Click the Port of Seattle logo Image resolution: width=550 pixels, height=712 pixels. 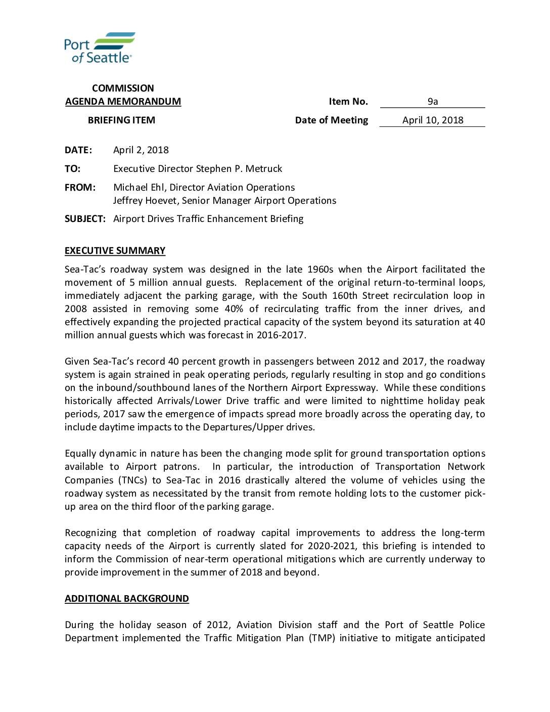coord(100,48)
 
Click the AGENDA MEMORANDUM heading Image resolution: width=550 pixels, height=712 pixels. coord(123,102)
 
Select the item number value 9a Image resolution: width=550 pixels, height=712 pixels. coord(432,102)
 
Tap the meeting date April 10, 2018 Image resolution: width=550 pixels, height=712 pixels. coord(433,120)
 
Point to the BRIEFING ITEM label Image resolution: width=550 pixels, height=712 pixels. coord(121,120)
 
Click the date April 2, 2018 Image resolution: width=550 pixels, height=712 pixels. coord(141,150)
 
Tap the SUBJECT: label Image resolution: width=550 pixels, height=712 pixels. coord(85,219)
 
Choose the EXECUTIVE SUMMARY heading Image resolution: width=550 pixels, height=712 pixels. coord(115,251)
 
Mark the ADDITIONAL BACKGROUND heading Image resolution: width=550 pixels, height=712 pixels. coord(126,599)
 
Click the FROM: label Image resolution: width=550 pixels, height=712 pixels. coord(80,188)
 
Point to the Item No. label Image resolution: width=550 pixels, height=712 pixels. coord(348,102)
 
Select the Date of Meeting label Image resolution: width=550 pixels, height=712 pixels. coord(332,120)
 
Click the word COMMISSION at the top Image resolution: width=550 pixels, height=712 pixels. coord(123,88)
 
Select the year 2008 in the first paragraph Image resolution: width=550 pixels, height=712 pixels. coord(75,309)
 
